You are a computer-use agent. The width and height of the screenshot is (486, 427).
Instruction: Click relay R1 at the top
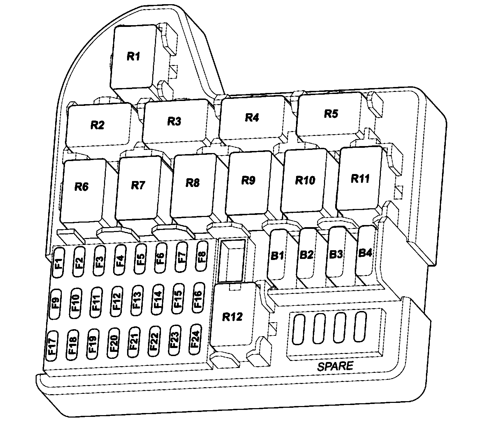point(133,57)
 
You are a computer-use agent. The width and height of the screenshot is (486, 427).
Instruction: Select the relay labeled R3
point(175,121)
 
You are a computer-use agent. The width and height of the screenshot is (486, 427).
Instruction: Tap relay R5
point(330,114)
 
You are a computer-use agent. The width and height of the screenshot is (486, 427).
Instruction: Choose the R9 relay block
point(248,180)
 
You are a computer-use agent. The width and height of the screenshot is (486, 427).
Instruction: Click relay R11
point(360,179)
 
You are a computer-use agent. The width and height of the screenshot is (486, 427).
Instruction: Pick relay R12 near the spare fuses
point(232,317)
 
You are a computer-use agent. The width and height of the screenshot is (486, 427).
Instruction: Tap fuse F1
point(59,262)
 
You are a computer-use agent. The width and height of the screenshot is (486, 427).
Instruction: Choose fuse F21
point(134,342)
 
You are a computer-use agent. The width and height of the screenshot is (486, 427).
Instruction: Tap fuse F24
point(196,339)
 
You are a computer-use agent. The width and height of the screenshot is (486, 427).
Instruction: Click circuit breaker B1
point(277,255)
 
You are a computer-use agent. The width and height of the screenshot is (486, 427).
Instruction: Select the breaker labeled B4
point(365,252)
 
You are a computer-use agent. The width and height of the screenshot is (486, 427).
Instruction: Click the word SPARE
point(335,366)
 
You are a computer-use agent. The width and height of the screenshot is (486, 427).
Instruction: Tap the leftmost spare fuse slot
point(299,329)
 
